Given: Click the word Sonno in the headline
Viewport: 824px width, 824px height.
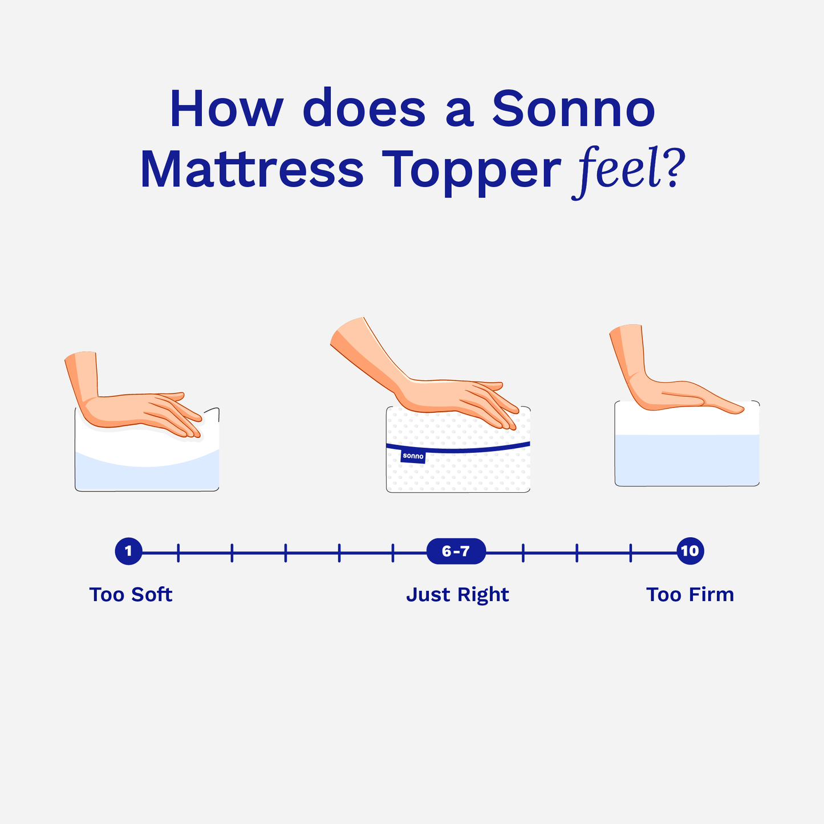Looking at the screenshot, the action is (x=574, y=108).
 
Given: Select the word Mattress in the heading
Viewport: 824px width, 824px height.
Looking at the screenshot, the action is (x=252, y=168).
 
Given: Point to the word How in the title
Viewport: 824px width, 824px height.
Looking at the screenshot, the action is (x=226, y=108).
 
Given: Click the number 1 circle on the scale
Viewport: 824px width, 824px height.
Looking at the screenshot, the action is (x=128, y=551).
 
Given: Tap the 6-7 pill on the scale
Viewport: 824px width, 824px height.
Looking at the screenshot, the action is (x=456, y=551).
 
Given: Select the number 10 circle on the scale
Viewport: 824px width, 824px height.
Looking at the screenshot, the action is (x=690, y=551).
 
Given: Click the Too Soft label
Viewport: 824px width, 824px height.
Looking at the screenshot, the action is (x=131, y=594).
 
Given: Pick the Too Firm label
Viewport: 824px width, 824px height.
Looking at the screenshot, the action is (x=690, y=594).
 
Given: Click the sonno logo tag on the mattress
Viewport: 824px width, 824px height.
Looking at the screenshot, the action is (x=413, y=456).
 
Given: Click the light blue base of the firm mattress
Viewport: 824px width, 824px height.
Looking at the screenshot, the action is (x=687, y=460).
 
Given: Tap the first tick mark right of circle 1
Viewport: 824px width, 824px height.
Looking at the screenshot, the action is (x=178, y=553).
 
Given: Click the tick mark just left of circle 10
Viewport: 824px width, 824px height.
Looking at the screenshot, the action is (x=631, y=553).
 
